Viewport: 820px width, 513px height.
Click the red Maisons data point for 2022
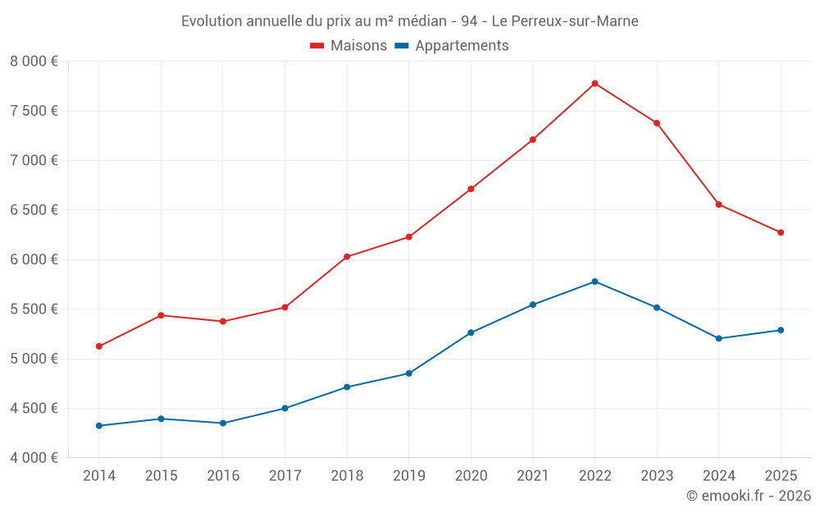click(594, 84)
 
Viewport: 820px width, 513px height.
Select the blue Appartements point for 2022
click(594, 282)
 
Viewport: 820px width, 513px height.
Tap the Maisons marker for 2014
click(99, 346)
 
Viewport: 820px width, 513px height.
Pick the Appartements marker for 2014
click(99, 425)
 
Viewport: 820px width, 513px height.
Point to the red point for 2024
click(718, 204)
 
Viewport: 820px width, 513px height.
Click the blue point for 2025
click(781, 330)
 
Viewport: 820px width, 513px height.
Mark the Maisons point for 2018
click(347, 257)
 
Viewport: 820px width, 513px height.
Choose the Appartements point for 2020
click(471, 332)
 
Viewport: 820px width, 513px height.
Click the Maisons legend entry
click(348, 46)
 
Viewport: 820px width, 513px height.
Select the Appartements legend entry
click(452, 46)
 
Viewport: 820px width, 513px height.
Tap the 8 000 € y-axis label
click(34, 62)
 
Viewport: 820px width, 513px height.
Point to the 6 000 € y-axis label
click(34, 259)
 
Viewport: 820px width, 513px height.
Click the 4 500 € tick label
click(34, 408)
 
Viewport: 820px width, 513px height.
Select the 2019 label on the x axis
click(409, 475)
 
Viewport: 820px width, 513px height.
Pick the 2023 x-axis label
click(657, 475)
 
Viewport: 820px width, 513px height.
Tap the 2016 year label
click(223, 475)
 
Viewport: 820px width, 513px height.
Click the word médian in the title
click(422, 21)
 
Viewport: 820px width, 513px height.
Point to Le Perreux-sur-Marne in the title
click(565, 21)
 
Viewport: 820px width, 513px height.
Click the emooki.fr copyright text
click(749, 495)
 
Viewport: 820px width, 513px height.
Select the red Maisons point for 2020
click(471, 189)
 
